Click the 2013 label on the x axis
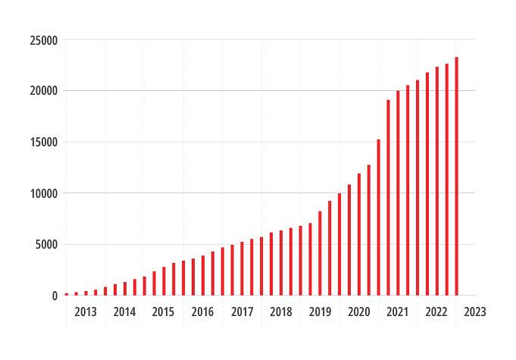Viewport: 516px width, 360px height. [86, 311]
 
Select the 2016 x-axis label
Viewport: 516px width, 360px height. [202, 311]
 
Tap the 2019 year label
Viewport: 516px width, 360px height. [320, 311]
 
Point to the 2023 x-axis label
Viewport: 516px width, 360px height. [475, 311]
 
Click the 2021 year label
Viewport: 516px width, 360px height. [397, 311]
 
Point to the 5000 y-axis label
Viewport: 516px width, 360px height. [47, 244]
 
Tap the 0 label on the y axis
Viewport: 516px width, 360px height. [55, 296]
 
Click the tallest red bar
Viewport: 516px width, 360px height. [456, 176]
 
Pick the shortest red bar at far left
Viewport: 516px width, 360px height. [67, 294]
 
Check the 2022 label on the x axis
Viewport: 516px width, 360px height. [436, 311]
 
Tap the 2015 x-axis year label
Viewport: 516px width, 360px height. [163, 311]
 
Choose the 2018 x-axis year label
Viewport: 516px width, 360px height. [280, 311]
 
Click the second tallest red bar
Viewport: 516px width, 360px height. [446, 180]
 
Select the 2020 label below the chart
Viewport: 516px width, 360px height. [358, 311]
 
